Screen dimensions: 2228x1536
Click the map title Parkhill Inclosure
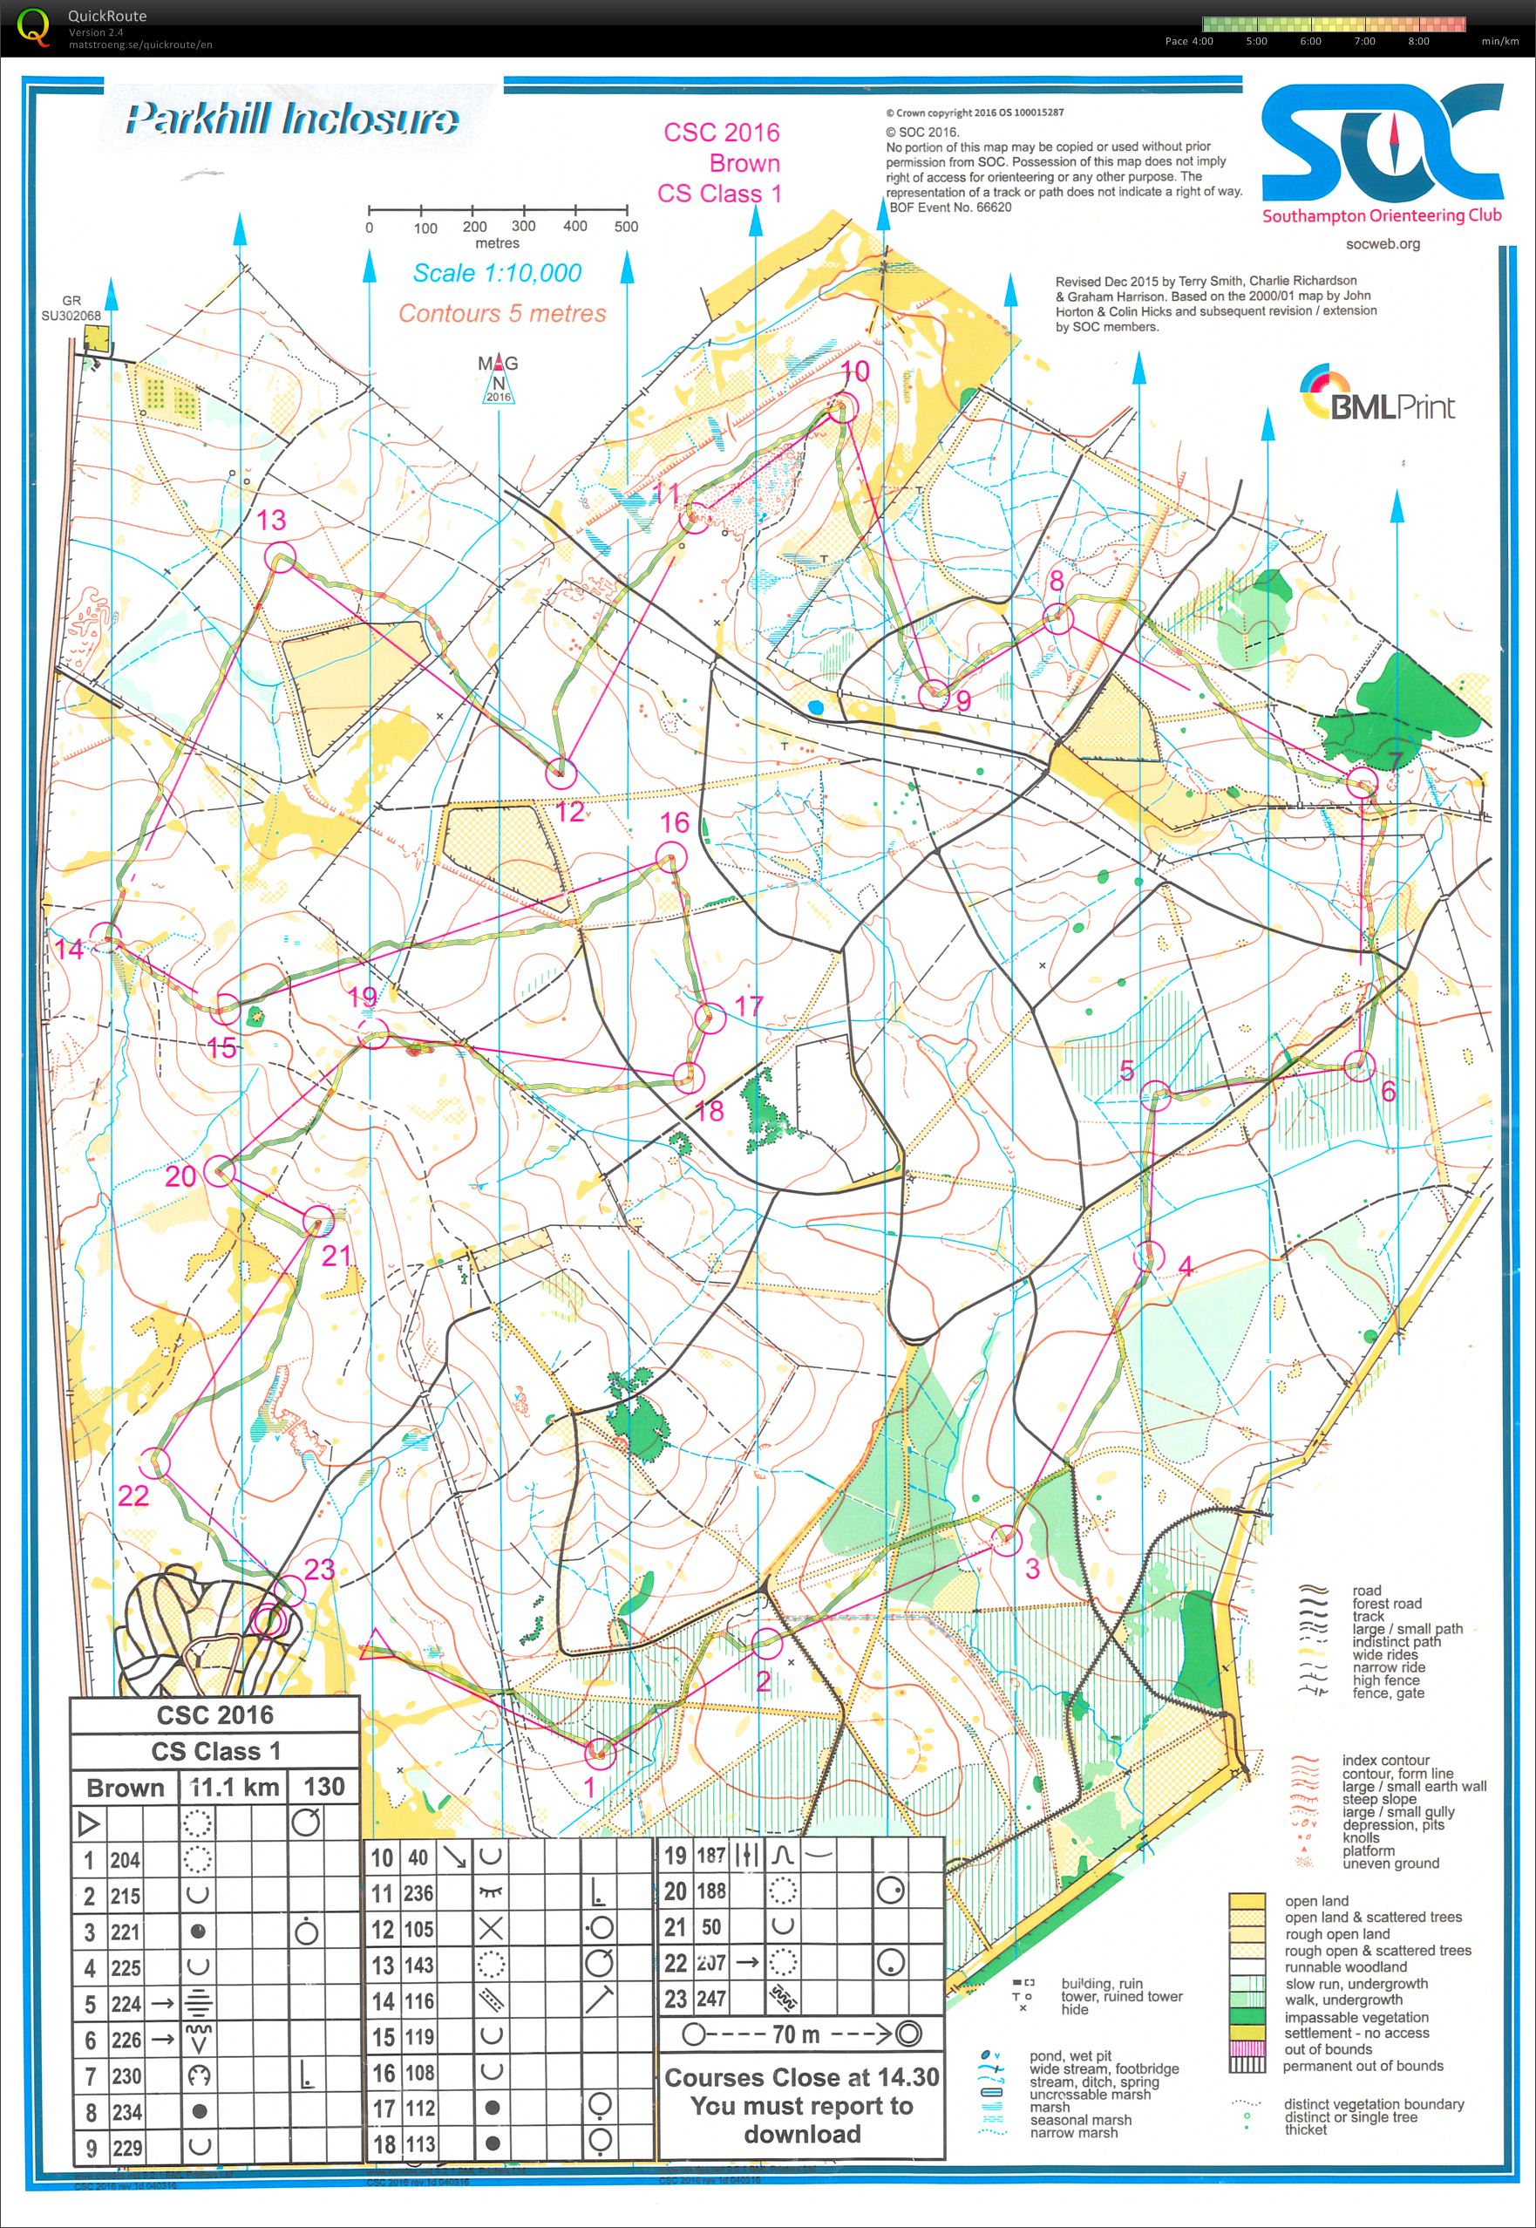(x=292, y=120)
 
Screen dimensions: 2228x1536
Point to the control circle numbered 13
(x=279, y=556)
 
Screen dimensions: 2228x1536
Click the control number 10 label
(x=854, y=371)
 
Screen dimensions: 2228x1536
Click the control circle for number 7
(x=1362, y=781)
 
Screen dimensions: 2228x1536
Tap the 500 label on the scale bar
(x=626, y=227)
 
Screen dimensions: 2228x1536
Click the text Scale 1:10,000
(x=497, y=273)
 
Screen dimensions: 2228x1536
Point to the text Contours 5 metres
(x=502, y=314)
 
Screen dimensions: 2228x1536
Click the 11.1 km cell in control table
(x=234, y=1788)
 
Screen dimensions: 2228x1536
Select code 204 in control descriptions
(x=126, y=1860)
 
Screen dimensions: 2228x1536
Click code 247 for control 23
(x=710, y=1999)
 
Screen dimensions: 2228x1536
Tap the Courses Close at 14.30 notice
(x=801, y=2105)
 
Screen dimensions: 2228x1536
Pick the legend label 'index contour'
(x=1385, y=1761)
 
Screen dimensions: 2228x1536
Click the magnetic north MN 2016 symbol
(x=499, y=381)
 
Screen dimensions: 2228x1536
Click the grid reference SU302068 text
(x=71, y=315)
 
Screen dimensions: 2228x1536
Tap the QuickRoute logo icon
(x=35, y=26)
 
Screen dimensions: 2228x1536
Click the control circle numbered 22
(x=155, y=1463)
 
